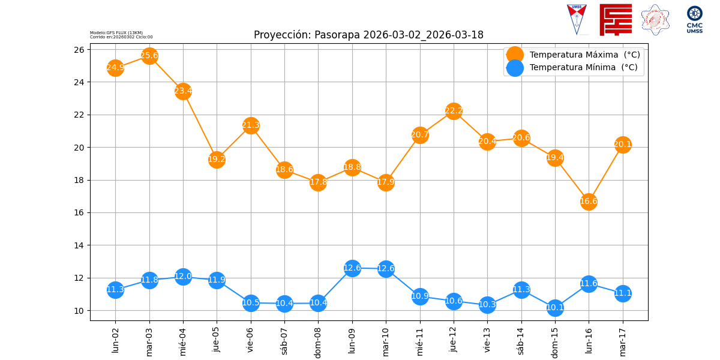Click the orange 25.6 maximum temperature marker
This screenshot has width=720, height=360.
pos(149,56)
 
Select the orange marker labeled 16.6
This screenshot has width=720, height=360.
pos(589,202)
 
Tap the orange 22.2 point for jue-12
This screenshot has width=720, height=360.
pos(454,110)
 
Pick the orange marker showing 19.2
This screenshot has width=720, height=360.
pos(217,159)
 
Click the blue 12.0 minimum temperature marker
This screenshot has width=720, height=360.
pos(183,277)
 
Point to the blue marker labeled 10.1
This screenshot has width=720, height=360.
pos(555,308)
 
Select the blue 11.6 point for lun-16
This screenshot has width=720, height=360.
pos(589,283)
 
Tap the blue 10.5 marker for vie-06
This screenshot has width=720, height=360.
pos(251,302)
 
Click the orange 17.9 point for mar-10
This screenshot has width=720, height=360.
pos(386,182)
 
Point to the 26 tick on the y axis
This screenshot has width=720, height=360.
pos(79,49)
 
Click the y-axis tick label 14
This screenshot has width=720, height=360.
pos(79,245)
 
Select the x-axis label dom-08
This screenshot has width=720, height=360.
pos(319,341)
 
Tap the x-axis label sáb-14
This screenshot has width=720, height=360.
pos(521,340)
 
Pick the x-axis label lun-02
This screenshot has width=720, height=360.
pos(116,340)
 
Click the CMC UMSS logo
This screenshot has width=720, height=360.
pos(695,20)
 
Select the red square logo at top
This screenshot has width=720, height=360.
pos(616,19)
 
